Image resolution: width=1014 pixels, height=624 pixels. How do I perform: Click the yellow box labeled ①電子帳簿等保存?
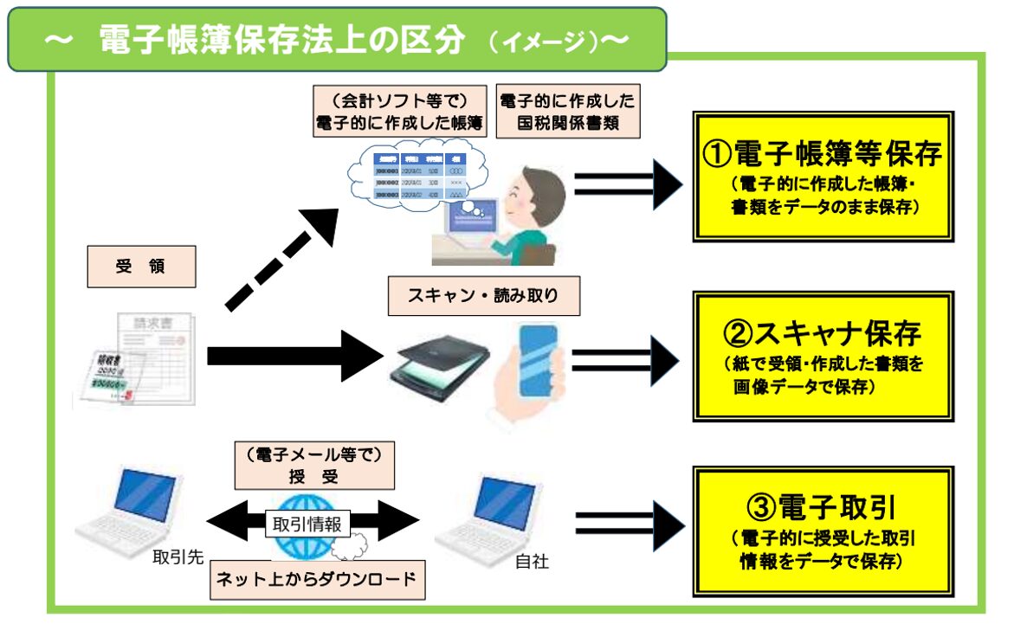click(x=823, y=176)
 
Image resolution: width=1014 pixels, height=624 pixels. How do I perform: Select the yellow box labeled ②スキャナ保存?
click(x=823, y=356)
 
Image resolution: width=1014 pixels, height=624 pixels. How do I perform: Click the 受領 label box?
click(x=141, y=267)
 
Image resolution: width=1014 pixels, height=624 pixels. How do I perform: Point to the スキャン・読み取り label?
click(x=483, y=296)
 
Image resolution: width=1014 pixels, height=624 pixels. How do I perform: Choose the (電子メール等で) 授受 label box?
click(x=314, y=465)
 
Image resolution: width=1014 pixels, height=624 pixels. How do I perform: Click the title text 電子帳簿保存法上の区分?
click(x=281, y=41)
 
